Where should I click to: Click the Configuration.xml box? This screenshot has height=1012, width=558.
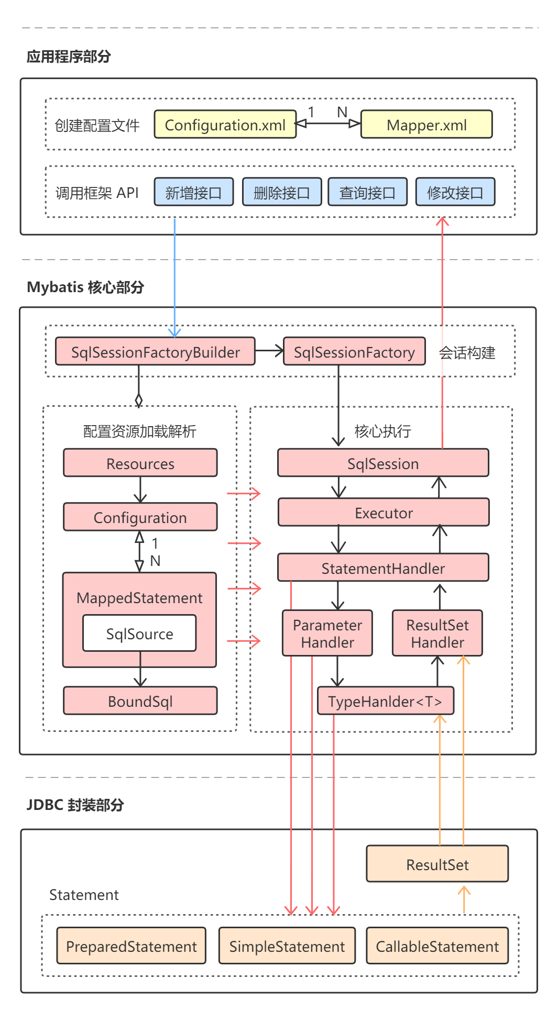coord(225,125)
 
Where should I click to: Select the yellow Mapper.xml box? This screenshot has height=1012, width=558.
coord(426,125)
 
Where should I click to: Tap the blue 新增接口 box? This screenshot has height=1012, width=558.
coord(193,192)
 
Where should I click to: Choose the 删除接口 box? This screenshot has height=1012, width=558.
coord(281,192)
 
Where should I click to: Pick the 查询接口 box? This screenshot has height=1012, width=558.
coord(367,192)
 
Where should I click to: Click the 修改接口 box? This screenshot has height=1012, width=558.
coord(455,192)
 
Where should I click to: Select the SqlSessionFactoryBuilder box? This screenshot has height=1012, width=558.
coord(155,352)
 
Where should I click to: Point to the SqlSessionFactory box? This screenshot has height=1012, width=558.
coord(354,352)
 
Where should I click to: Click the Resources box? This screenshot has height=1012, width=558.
coord(140,463)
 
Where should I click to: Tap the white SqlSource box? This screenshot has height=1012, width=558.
coord(139,633)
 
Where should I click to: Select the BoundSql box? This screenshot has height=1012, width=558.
coord(140,701)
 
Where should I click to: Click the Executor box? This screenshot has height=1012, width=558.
coord(384,513)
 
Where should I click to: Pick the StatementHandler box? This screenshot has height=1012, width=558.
coord(383,568)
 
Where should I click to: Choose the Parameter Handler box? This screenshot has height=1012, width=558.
coord(327,633)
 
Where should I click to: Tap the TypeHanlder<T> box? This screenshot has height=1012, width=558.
coord(386,701)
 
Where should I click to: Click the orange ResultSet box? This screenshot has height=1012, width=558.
coord(437,864)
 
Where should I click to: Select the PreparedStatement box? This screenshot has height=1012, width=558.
coord(131,946)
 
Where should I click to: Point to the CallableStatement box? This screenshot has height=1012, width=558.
coord(437,946)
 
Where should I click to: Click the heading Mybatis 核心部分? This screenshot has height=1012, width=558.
coord(85,287)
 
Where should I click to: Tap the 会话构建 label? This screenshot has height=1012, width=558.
coord(467,353)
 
